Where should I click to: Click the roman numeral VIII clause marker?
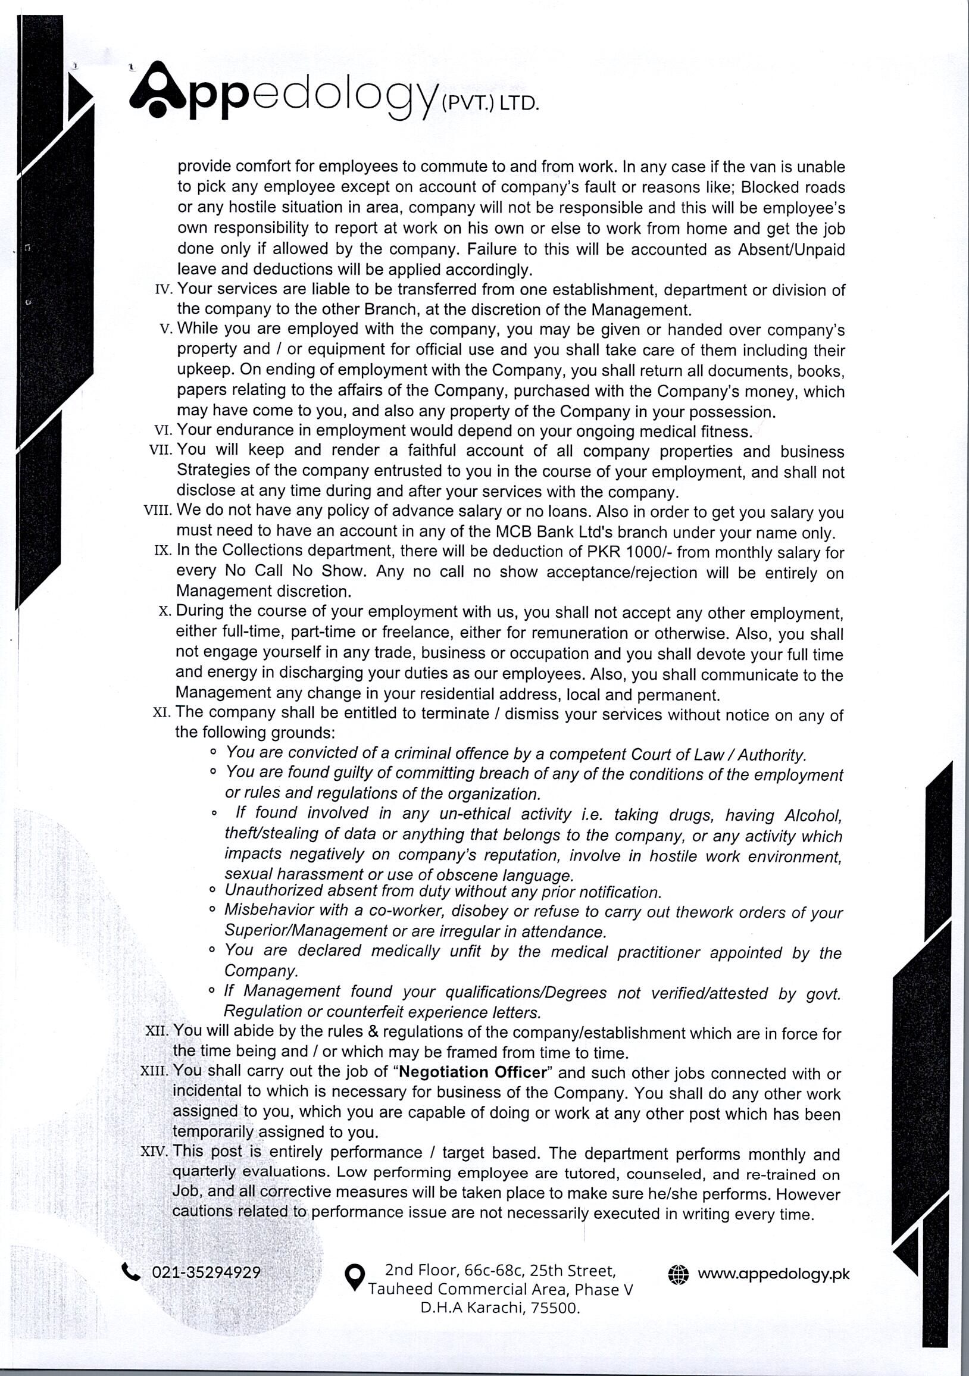[159, 511]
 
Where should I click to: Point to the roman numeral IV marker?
[164, 290]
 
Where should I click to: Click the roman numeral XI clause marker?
[162, 712]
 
